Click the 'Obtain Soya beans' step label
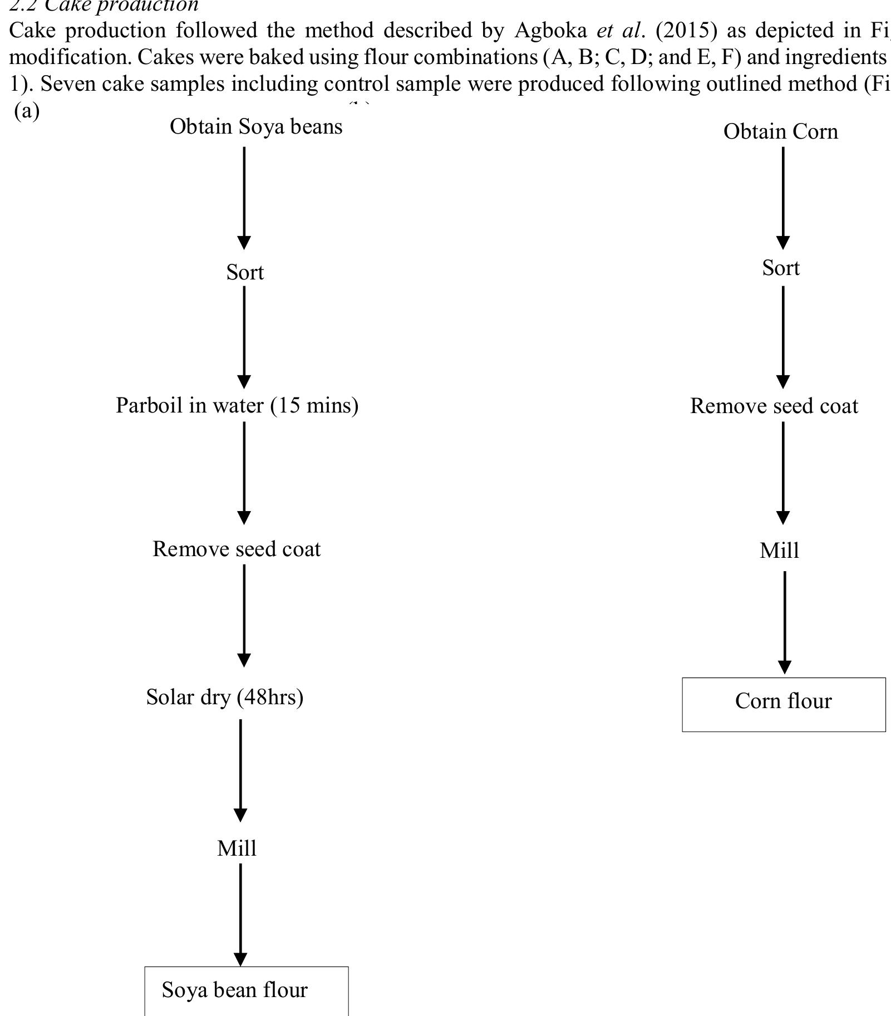tap(256, 127)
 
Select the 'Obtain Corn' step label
tap(780, 132)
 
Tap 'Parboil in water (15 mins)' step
tap(237, 405)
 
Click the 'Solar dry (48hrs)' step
tap(225, 697)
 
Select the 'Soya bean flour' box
tap(246, 990)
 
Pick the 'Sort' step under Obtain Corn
tap(781, 268)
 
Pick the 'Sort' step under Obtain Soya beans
tap(245, 273)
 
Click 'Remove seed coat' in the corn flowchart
tap(774, 406)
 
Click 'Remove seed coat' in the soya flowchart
tap(237, 549)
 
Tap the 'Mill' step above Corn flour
tap(779, 551)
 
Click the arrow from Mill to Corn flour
tap(785, 621)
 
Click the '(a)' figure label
tap(27, 111)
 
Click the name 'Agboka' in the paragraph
tap(550, 31)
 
